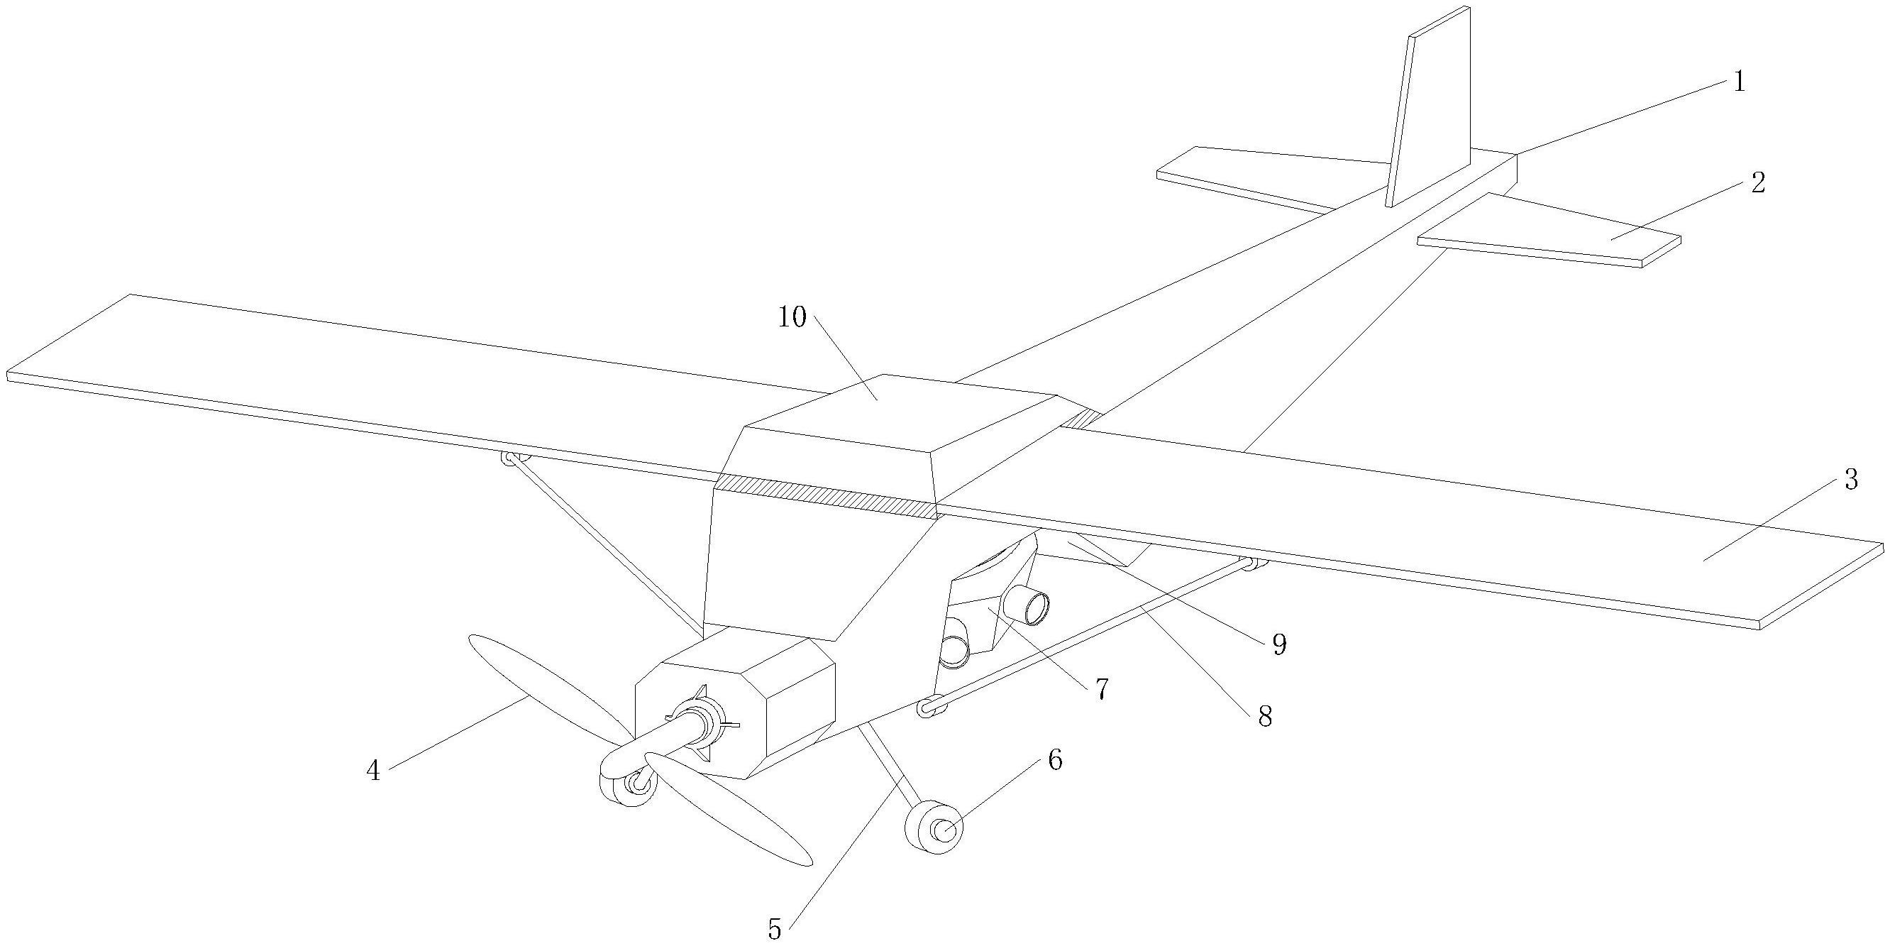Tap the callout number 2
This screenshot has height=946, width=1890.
[x=1758, y=184]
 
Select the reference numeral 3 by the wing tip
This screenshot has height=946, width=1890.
[x=1851, y=480]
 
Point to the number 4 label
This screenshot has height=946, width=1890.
[x=373, y=771]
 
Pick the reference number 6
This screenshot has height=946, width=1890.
[x=1054, y=761]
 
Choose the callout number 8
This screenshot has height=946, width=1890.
[x=1265, y=716]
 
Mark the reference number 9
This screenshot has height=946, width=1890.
[x=1279, y=644]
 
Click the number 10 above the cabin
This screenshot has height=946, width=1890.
[x=792, y=317]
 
